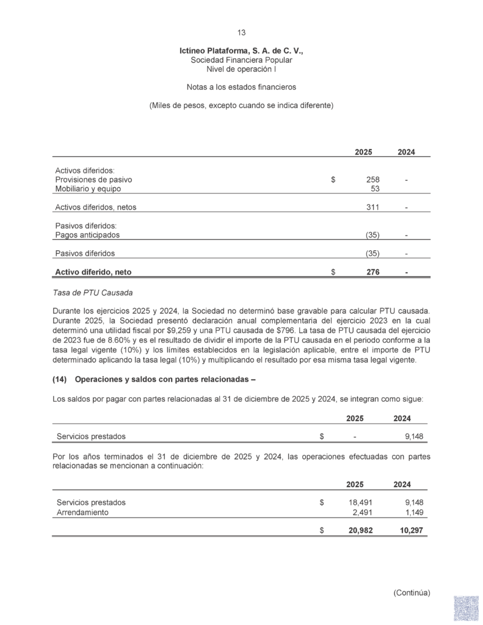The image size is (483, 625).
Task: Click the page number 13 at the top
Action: coord(241,33)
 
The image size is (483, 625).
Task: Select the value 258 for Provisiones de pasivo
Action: coord(372,180)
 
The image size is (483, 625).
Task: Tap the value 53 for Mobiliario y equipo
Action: coord(376,189)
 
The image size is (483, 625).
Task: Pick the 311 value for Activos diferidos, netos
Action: coord(372,207)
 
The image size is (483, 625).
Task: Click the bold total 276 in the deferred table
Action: coord(372,272)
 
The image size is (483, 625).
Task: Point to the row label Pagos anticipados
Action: coord(87,235)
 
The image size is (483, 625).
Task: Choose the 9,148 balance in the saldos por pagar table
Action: coord(414,437)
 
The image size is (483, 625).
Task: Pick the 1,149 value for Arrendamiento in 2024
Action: coord(414,512)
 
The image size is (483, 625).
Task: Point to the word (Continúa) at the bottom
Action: coord(412,592)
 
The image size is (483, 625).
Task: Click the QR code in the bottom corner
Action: coord(465,609)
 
